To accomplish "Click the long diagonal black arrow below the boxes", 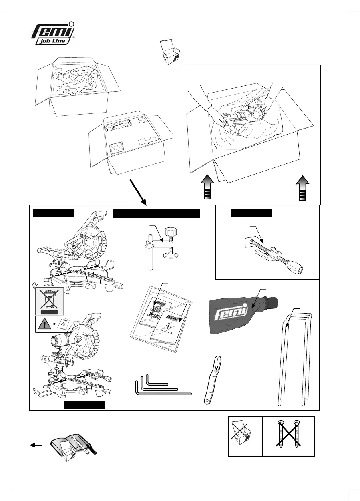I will click(x=138, y=191).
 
